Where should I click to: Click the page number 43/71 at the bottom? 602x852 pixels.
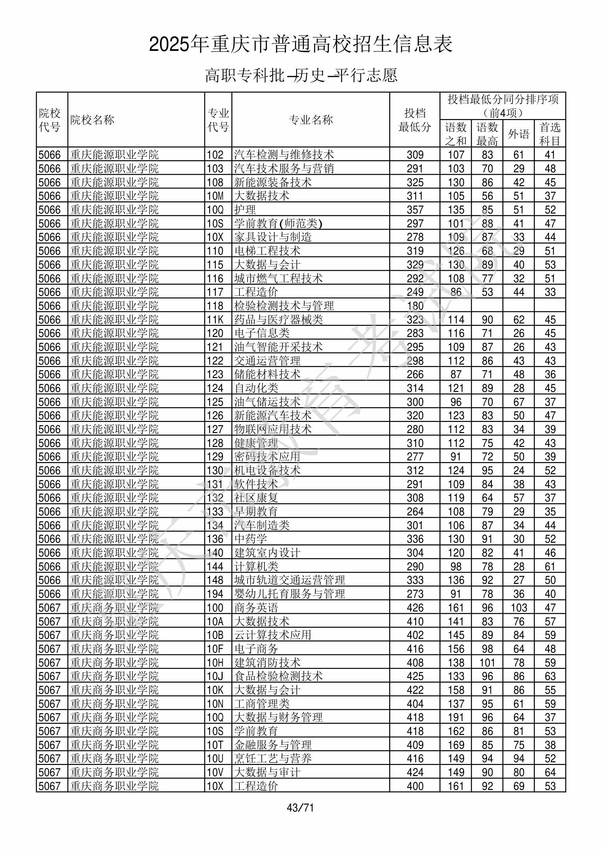pyautogui.click(x=300, y=807)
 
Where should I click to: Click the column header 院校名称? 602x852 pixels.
pyautogui.click(x=92, y=120)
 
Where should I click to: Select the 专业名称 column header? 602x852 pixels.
pyautogui.click(x=311, y=120)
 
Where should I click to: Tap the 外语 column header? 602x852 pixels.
pyautogui.click(x=518, y=134)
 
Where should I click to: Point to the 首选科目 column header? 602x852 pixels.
pyautogui.click(x=550, y=134)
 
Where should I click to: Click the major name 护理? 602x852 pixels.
pyautogui.click(x=245, y=210)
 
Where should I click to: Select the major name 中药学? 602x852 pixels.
pyautogui.click(x=251, y=539)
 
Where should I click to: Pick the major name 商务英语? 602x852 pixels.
pyautogui.click(x=256, y=607)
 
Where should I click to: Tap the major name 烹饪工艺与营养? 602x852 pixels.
pyautogui.click(x=273, y=759)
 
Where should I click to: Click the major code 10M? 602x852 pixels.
pyautogui.click(x=215, y=196)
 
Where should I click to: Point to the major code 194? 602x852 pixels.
pyautogui.click(x=215, y=594)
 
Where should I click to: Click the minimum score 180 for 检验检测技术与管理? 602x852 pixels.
pyautogui.click(x=415, y=306)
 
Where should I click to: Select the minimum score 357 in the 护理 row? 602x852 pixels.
pyautogui.click(x=415, y=210)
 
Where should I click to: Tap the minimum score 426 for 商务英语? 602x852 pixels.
pyautogui.click(x=415, y=607)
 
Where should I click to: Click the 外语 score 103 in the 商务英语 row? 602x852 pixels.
pyautogui.click(x=518, y=607)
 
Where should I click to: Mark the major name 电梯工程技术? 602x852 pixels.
pyautogui.click(x=267, y=251)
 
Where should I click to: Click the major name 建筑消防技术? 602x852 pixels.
pyautogui.click(x=267, y=662)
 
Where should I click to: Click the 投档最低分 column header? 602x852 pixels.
pyautogui.click(x=414, y=120)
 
